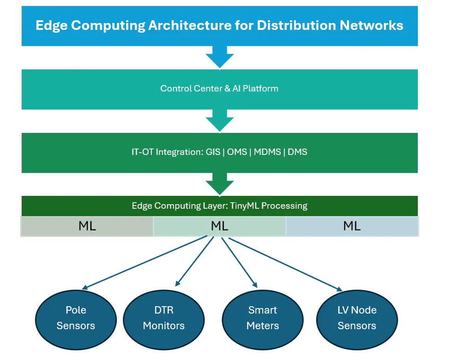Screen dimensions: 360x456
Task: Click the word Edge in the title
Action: [x=51, y=25]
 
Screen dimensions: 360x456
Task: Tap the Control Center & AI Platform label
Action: [x=219, y=88]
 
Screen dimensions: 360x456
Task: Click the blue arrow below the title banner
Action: [x=219, y=57]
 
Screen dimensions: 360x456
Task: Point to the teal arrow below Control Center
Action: [x=219, y=120]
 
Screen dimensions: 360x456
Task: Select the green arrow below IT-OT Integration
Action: [x=219, y=184]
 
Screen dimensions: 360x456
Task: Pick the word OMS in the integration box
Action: [x=237, y=152]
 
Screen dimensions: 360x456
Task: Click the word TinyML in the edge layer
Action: [x=244, y=206]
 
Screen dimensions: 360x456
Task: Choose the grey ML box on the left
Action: [x=87, y=226]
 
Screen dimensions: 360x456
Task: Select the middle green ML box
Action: [x=219, y=226]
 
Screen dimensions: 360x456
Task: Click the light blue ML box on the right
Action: [x=352, y=226]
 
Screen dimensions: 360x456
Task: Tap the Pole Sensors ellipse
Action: [x=76, y=318]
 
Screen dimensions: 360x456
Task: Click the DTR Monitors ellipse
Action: [x=164, y=318]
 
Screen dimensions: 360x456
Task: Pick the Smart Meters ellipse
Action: [x=263, y=318]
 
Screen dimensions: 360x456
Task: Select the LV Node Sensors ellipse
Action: [x=357, y=318]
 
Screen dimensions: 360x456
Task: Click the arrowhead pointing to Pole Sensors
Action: [x=85, y=288]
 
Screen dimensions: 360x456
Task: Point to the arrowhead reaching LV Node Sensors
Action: [x=340, y=289]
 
